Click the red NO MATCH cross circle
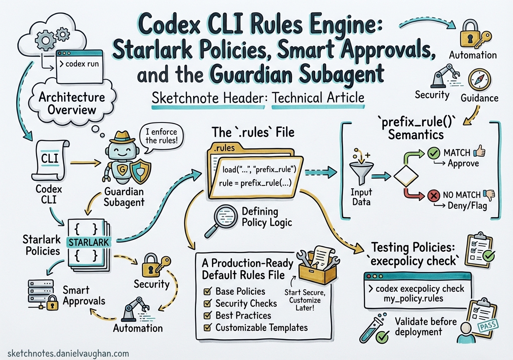point(433,195)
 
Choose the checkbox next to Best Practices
point(207,315)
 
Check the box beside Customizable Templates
point(207,327)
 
